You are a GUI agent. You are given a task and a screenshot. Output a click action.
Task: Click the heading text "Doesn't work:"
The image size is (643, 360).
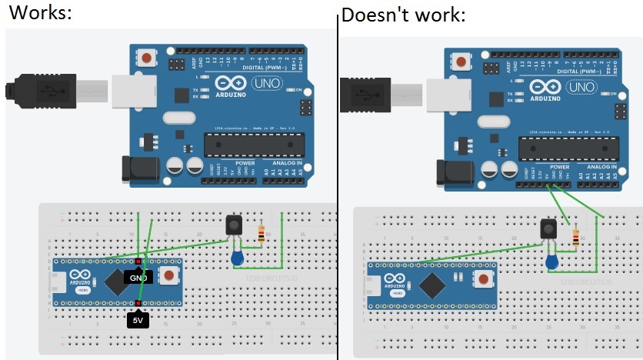[403, 15]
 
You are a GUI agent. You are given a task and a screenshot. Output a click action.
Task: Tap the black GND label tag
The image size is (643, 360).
[139, 277]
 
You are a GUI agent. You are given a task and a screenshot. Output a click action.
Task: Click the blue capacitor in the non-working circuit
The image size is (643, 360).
[552, 263]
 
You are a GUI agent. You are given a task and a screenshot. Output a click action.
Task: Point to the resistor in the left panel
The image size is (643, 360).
[262, 233]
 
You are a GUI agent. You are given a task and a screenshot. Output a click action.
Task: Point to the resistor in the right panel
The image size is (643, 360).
[576, 238]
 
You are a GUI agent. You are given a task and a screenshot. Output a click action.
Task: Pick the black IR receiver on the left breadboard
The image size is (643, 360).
[235, 226]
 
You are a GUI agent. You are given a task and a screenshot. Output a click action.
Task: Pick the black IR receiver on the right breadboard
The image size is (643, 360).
[548, 229]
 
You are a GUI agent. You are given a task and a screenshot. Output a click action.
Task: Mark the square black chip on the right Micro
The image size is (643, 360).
[431, 285]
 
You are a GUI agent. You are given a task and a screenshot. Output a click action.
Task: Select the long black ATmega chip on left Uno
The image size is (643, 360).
[249, 144]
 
